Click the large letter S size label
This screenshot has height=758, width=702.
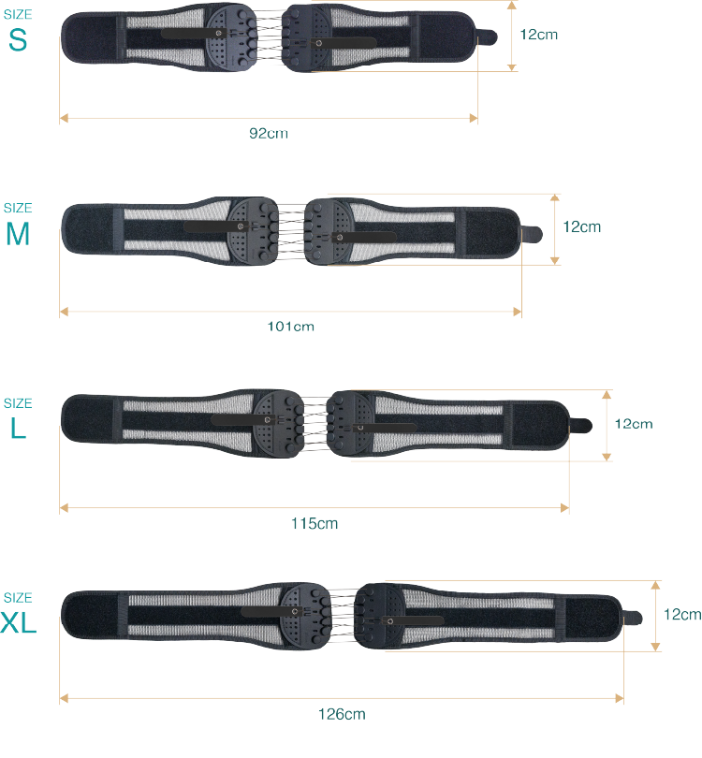tap(18, 39)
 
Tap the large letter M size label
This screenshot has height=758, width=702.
tap(18, 235)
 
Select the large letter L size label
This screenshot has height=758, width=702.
tap(18, 430)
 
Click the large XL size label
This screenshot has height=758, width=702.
tap(19, 623)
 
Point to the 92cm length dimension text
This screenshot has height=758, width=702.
tap(269, 133)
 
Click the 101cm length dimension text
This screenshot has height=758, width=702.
tap(291, 327)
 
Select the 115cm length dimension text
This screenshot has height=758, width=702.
tap(314, 523)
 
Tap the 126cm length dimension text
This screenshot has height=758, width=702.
tap(342, 714)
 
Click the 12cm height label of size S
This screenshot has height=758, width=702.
tap(538, 34)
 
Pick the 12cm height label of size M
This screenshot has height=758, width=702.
tap(581, 226)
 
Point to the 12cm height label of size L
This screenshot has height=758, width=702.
tap(633, 423)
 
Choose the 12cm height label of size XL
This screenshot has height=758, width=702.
tap(681, 615)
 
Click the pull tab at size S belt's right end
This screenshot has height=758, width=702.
tap(488, 37)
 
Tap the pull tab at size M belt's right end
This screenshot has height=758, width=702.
tap(532, 233)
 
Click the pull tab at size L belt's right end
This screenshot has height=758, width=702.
tap(581, 426)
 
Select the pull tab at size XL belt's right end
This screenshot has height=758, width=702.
tap(633, 618)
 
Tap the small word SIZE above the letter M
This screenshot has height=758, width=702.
tap(18, 208)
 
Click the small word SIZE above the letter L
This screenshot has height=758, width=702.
tap(18, 403)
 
